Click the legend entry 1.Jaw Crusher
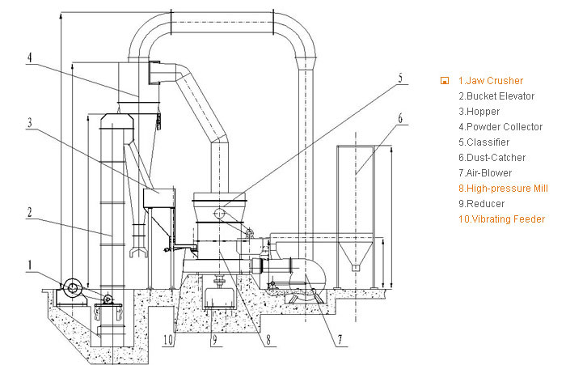pos(491,81)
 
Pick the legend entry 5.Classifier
pos(484,142)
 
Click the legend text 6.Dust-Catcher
pos(491,158)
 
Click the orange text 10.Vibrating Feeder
pos(502,219)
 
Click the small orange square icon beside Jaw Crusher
pos(445,81)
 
